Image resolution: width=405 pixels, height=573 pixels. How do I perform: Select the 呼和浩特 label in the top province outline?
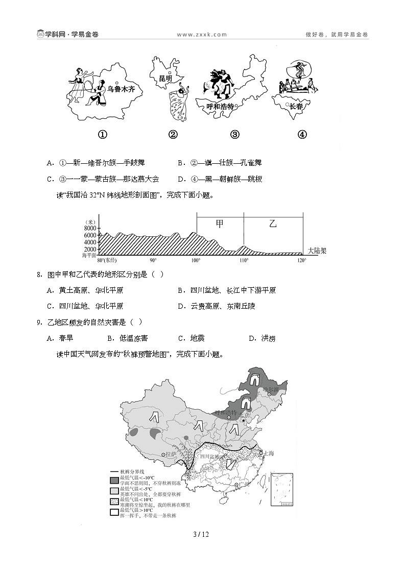point(220,107)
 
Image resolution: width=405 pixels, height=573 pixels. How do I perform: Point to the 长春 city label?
point(296,106)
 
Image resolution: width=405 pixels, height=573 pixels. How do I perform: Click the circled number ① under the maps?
point(102,135)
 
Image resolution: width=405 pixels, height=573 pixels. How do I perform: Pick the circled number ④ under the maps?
point(302,135)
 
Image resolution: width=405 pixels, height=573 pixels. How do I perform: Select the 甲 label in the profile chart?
point(220,223)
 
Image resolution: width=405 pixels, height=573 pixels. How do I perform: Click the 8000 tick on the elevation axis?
point(90,228)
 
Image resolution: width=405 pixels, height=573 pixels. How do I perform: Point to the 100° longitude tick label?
point(196,260)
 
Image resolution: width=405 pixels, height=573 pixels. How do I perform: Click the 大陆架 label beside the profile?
point(317,251)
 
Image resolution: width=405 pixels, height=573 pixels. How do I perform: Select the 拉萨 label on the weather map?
point(172,454)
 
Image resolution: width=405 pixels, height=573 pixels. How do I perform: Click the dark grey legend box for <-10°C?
point(114,480)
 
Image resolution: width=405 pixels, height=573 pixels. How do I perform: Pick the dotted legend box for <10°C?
point(114,502)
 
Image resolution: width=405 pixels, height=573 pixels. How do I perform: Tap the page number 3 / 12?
point(202,534)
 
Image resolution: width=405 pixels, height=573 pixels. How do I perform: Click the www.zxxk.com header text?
point(202,35)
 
